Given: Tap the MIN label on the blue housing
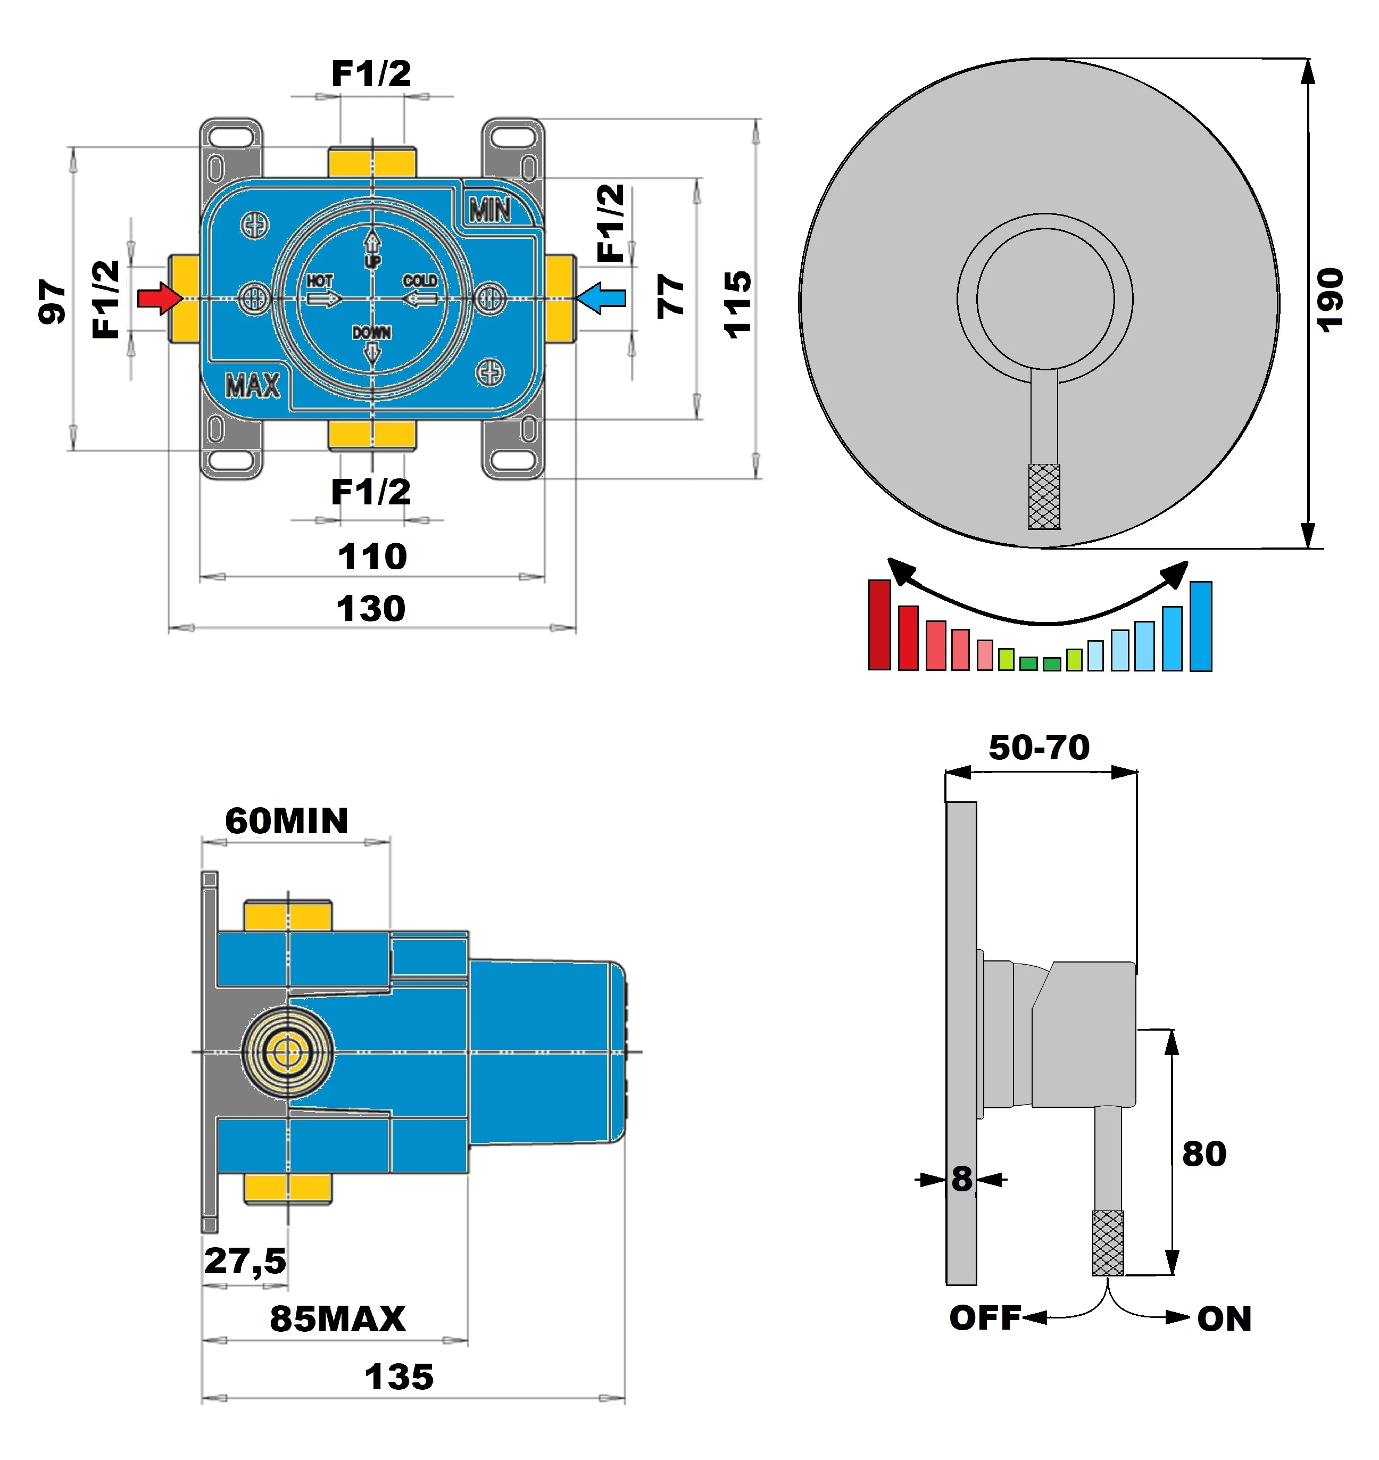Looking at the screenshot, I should click(x=491, y=211).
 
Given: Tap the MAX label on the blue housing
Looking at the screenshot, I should click(x=252, y=385).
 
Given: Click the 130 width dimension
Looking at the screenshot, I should click(x=371, y=609).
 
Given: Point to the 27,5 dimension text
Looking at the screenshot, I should click(x=245, y=1261).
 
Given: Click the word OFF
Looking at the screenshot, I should click(x=985, y=1317).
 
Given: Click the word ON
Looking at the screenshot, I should click(x=1224, y=1319).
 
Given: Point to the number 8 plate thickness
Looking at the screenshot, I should click(x=961, y=1179).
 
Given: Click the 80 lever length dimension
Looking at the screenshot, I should click(x=1204, y=1154).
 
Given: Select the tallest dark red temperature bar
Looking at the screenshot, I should click(x=879, y=624).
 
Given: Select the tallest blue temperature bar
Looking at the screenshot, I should click(x=1200, y=626).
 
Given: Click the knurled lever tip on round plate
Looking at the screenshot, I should click(x=1044, y=496).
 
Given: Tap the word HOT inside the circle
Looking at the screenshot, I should click(x=320, y=281).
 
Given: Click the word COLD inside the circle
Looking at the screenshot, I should click(x=420, y=281).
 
